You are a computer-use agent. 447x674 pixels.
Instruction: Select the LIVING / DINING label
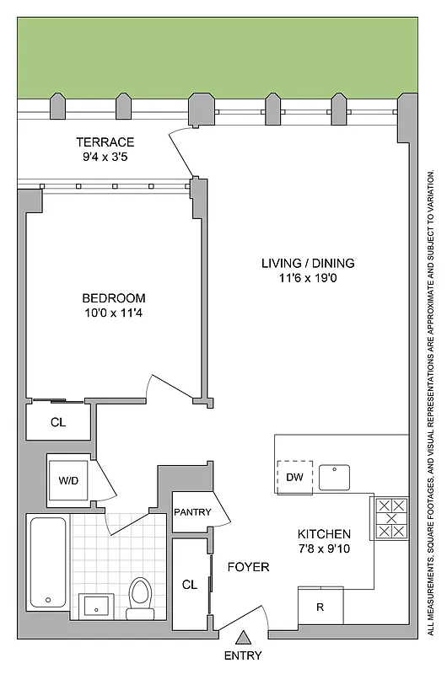coord(307,262)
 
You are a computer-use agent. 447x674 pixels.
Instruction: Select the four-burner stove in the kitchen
coord(390,518)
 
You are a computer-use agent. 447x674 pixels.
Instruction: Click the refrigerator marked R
coord(320,606)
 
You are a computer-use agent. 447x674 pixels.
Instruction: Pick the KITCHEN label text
coord(324,534)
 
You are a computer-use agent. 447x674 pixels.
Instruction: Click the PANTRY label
coord(192,512)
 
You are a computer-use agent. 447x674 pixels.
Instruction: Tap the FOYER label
coord(248,567)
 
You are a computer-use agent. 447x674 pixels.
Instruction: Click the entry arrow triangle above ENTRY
coord(243,638)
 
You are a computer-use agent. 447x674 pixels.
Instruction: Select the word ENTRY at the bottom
coord(243,655)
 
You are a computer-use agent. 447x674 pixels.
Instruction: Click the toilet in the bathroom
coord(139,594)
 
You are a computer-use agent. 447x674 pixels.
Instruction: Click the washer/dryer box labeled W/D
coord(68,480)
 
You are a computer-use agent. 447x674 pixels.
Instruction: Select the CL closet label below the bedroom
coord(57,421)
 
